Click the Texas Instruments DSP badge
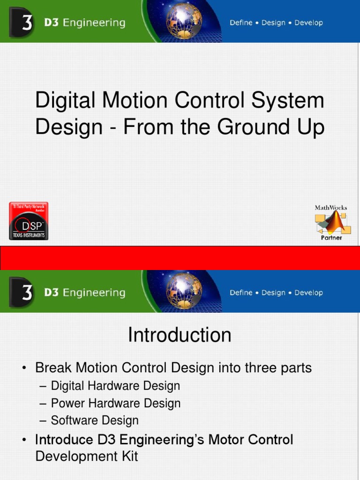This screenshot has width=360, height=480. tap(29, 221)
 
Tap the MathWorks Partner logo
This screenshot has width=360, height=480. tap(331, 222)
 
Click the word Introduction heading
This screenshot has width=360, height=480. tap(180, 335)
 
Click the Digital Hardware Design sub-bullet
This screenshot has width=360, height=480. tap(115, 386)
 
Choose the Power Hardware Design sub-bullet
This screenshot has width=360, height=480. tap(115, 403)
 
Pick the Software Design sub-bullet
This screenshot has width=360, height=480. tap(95, 420)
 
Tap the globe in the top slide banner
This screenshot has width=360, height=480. tap(184, 21)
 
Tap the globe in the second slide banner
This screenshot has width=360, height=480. tap(184, 291)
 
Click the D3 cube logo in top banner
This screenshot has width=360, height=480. tap(21, 22)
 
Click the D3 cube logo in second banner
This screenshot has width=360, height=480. tap(21, 292)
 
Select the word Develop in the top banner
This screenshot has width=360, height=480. tap(308, 23)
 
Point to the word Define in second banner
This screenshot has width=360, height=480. tap(241, 293)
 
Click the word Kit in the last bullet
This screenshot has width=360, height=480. tap(129, 456)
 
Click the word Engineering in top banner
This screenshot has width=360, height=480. tap(94, 23)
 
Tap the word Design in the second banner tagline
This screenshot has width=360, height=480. tap(273, 293)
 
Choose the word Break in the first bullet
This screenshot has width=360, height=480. tap(53, 368)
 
